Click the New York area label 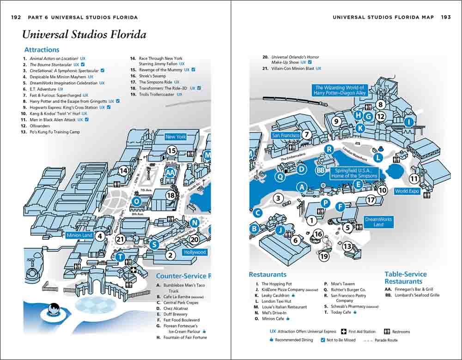coord(176,137)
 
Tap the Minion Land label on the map coord(80,235)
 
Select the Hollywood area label coord(195,252)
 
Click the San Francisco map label coord(286,135)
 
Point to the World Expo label coord(407,191)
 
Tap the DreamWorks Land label coord(378,222)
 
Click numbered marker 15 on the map coord(172,150)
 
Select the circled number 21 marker coord(121,239)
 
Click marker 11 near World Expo coord(414,179)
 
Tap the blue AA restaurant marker coord(170,172)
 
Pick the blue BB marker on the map coord(321,170)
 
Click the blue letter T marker coord(120,257)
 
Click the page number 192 coord(16,17)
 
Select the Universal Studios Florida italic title coord(84,35)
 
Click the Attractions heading coord(42,49)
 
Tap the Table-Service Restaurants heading coord(405,277)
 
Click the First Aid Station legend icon coord(344,331)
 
